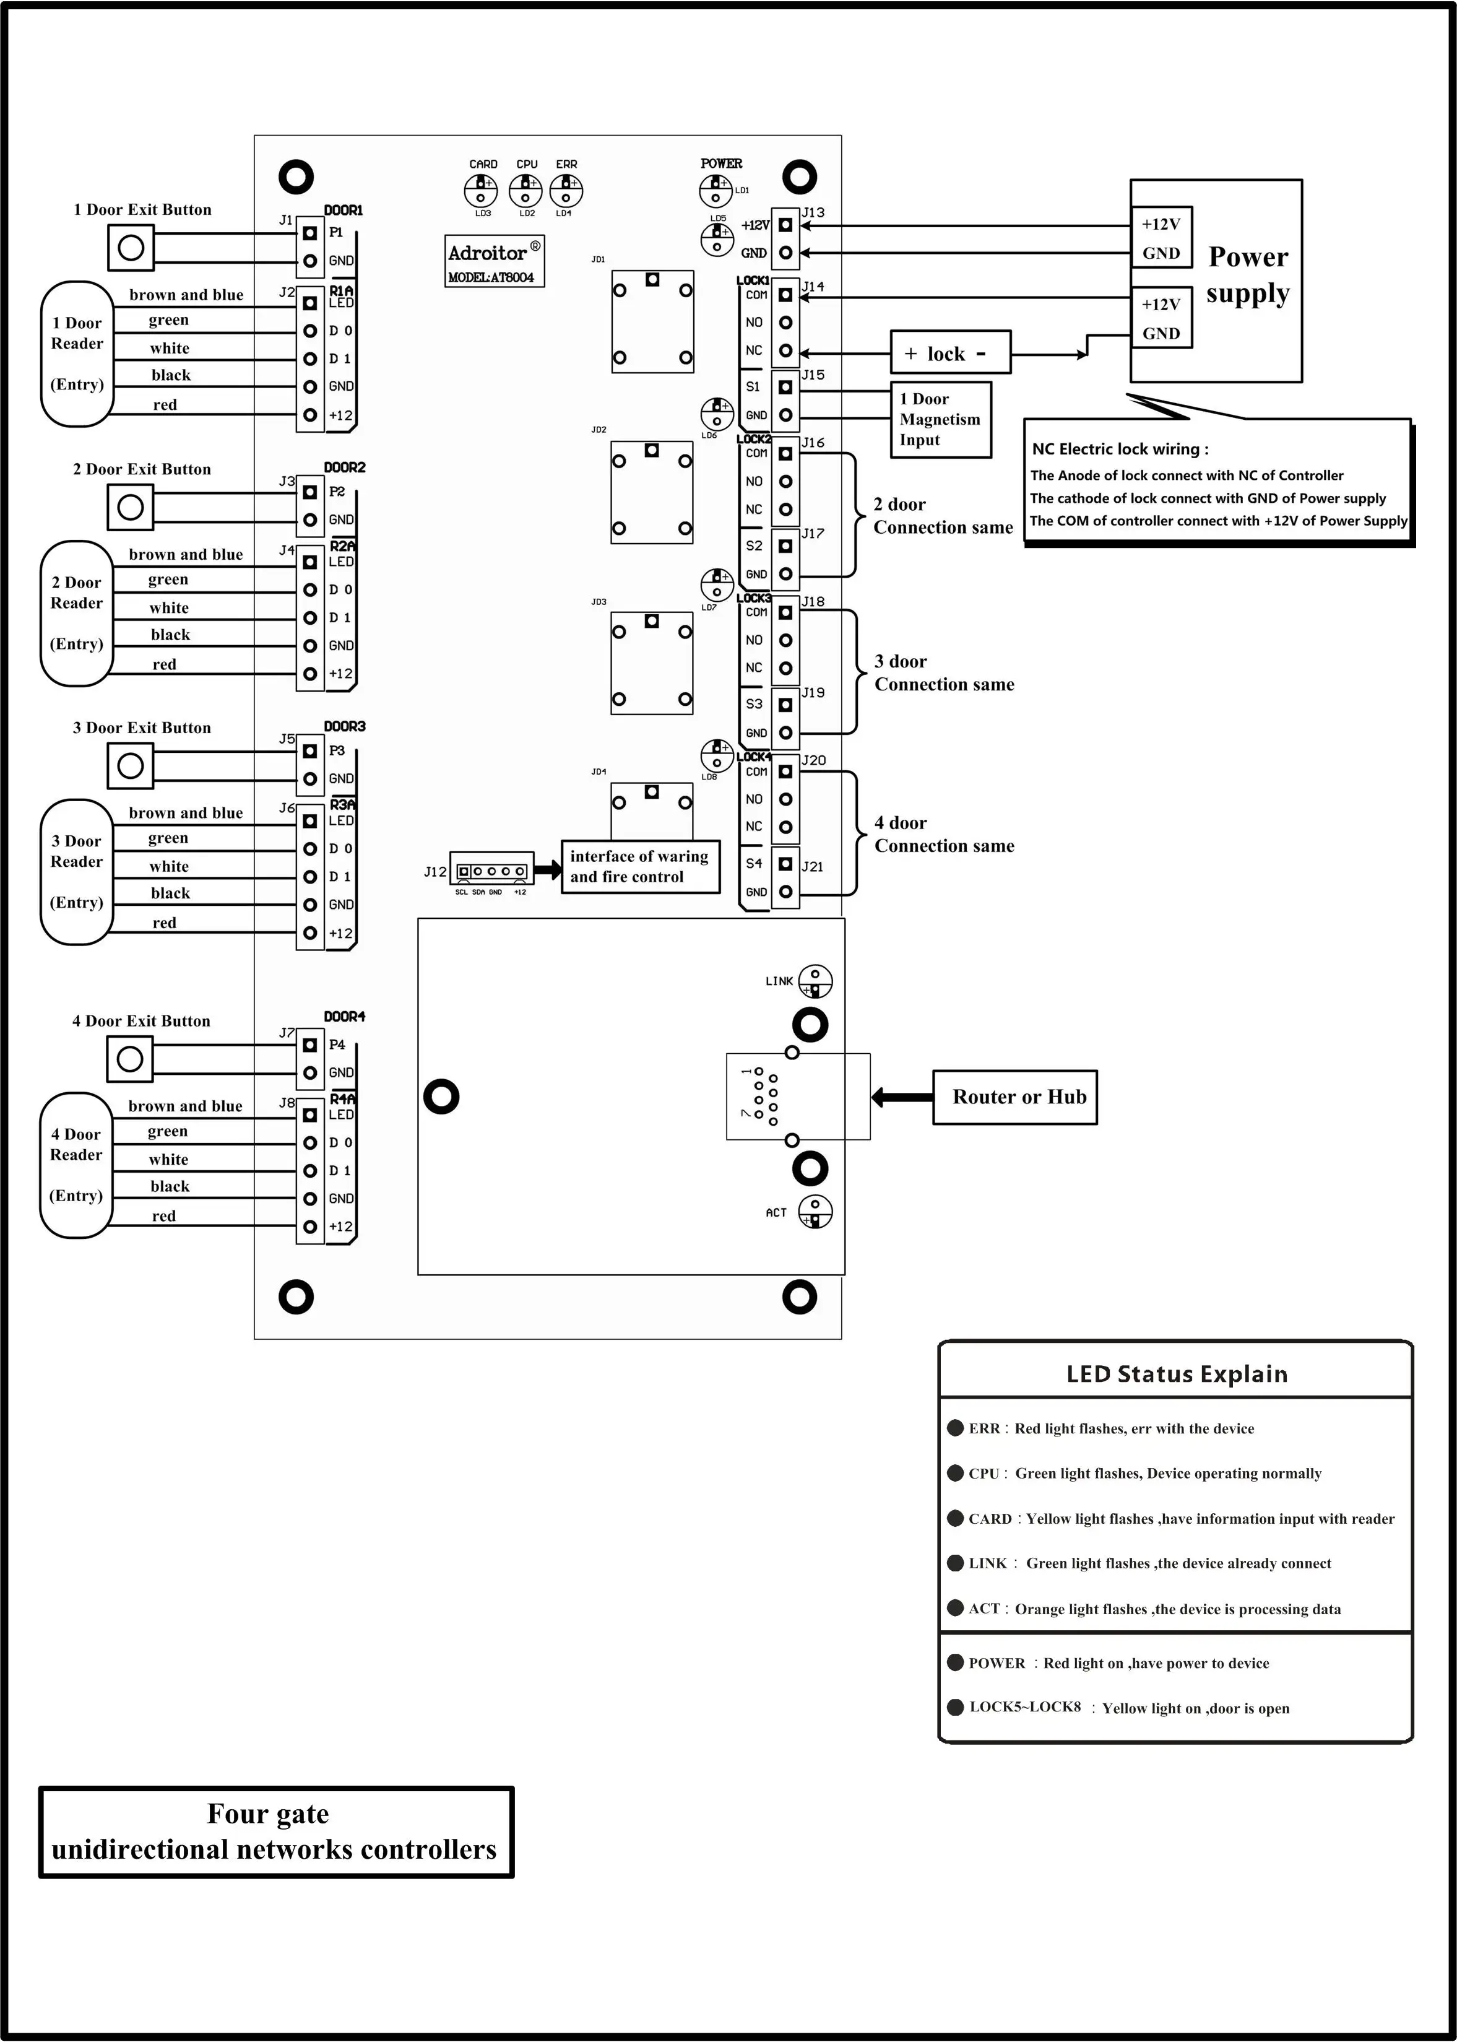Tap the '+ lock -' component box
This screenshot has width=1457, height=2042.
pyautogui.click(x=950, y=353)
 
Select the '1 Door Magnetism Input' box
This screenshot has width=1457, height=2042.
pyautogui.click(x=940, y=419)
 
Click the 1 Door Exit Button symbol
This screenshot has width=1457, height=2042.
pyautogui.click(x=131, y=248)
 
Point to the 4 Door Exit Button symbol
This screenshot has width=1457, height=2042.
pyautogui.click(x=130, y=1059)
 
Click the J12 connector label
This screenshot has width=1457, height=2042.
pyautogui.click(x=435, y=872)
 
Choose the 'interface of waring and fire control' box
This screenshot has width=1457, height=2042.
pyautogui.click(x=639, y=866)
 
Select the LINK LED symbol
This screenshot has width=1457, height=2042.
pyautogui.click(x=815, y=981)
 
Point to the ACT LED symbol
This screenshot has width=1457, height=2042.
pyautogui.click(x=815, y=1212)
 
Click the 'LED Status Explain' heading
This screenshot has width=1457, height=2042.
pyautogui.click(x=1176, y=1374)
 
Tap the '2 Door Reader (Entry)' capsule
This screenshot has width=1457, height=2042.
pyautogui.click(x=77, y=613)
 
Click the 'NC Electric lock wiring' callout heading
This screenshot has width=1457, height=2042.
pyautogui.click(x=1120, y=449)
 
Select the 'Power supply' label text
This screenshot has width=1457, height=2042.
pyautogui.click(x=1247, y=275)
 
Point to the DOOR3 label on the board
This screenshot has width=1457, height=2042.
pyautogui.click(x=345, y=726)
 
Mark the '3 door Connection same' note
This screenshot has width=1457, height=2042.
pyautogui.click(x=944, y=672)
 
